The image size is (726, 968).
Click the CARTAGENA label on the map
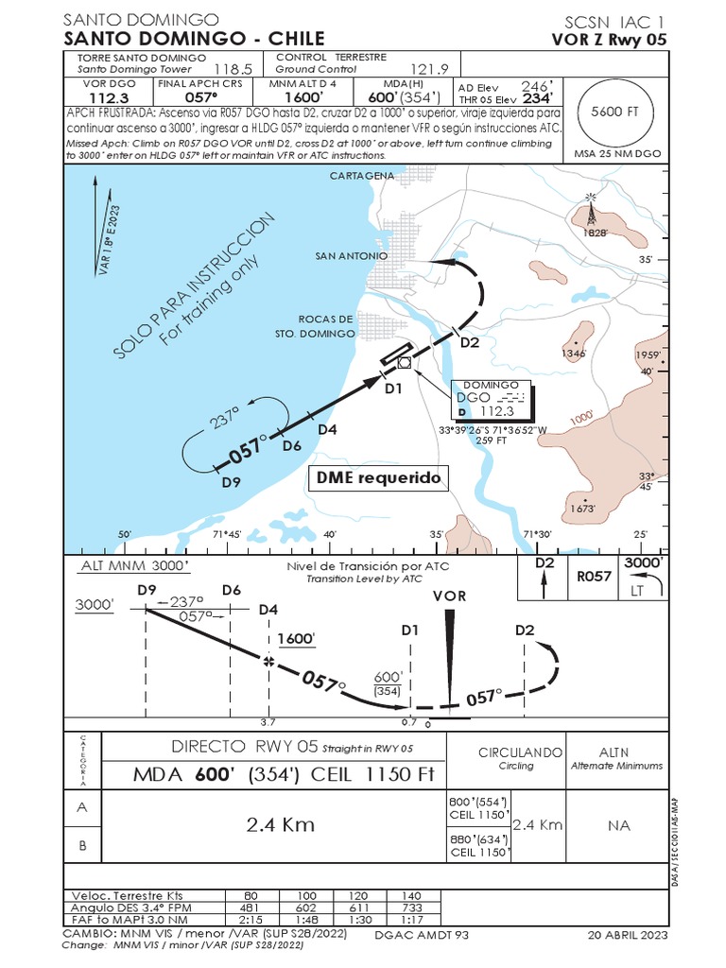362,176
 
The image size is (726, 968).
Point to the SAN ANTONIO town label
351,255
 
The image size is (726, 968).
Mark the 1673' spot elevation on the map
582,508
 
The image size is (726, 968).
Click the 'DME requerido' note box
378,478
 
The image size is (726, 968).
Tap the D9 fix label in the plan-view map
231,482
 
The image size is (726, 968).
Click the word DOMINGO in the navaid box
491,385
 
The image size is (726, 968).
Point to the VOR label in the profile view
449,596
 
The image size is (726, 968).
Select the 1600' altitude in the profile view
295,639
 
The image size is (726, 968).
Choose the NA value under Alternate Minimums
618,825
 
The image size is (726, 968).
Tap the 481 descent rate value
251,907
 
